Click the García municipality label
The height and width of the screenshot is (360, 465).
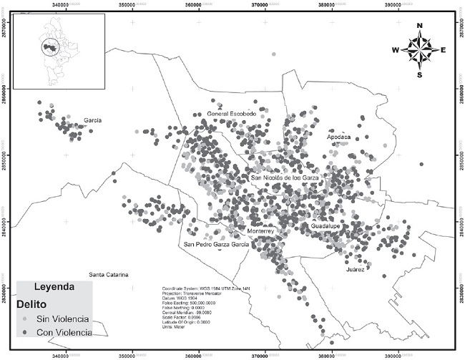[x=93, y=121]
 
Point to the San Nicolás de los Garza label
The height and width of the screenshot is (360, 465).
[x=284, y=177]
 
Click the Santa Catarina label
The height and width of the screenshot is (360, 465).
[x=108, y=275]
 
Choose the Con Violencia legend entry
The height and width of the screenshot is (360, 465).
[x=63, y=333]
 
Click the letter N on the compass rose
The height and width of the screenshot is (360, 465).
[x=419, y=26]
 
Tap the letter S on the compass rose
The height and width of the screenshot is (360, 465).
[x=419, y=74]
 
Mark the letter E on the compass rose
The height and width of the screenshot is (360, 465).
[x=444, y=50]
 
